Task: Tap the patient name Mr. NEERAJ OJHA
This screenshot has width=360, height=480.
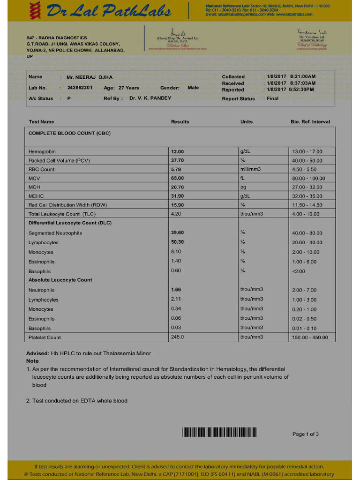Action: (x=90, y=77)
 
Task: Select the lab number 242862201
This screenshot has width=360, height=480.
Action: (x=80, y=88)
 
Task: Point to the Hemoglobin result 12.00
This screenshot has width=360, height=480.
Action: (x=178, y=151)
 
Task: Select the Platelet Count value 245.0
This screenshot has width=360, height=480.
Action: (x=178, y=337)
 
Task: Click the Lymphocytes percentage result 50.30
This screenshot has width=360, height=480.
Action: (x=178, y=242)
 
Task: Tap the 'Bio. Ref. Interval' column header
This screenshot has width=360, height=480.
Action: (x=310, y=122)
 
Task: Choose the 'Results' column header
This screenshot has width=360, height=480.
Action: (x=180, y=122)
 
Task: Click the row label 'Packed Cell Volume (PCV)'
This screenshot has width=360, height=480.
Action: (x=59, y=160)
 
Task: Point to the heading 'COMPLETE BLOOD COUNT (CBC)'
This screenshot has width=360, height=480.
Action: (x=69, y=133)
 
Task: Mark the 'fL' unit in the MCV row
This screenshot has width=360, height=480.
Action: (x=243, y=178)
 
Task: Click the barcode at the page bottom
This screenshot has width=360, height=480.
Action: (x=219, y=432)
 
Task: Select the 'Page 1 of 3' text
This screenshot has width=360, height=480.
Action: (x=306, y=434)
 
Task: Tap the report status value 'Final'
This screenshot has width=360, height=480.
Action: (x=273, y=98)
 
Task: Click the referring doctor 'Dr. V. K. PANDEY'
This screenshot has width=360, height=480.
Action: (x=150, y=98)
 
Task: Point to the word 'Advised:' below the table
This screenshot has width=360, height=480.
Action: (x=37, y=353)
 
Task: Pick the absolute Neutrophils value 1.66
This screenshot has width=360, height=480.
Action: (x=176, y=290)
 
